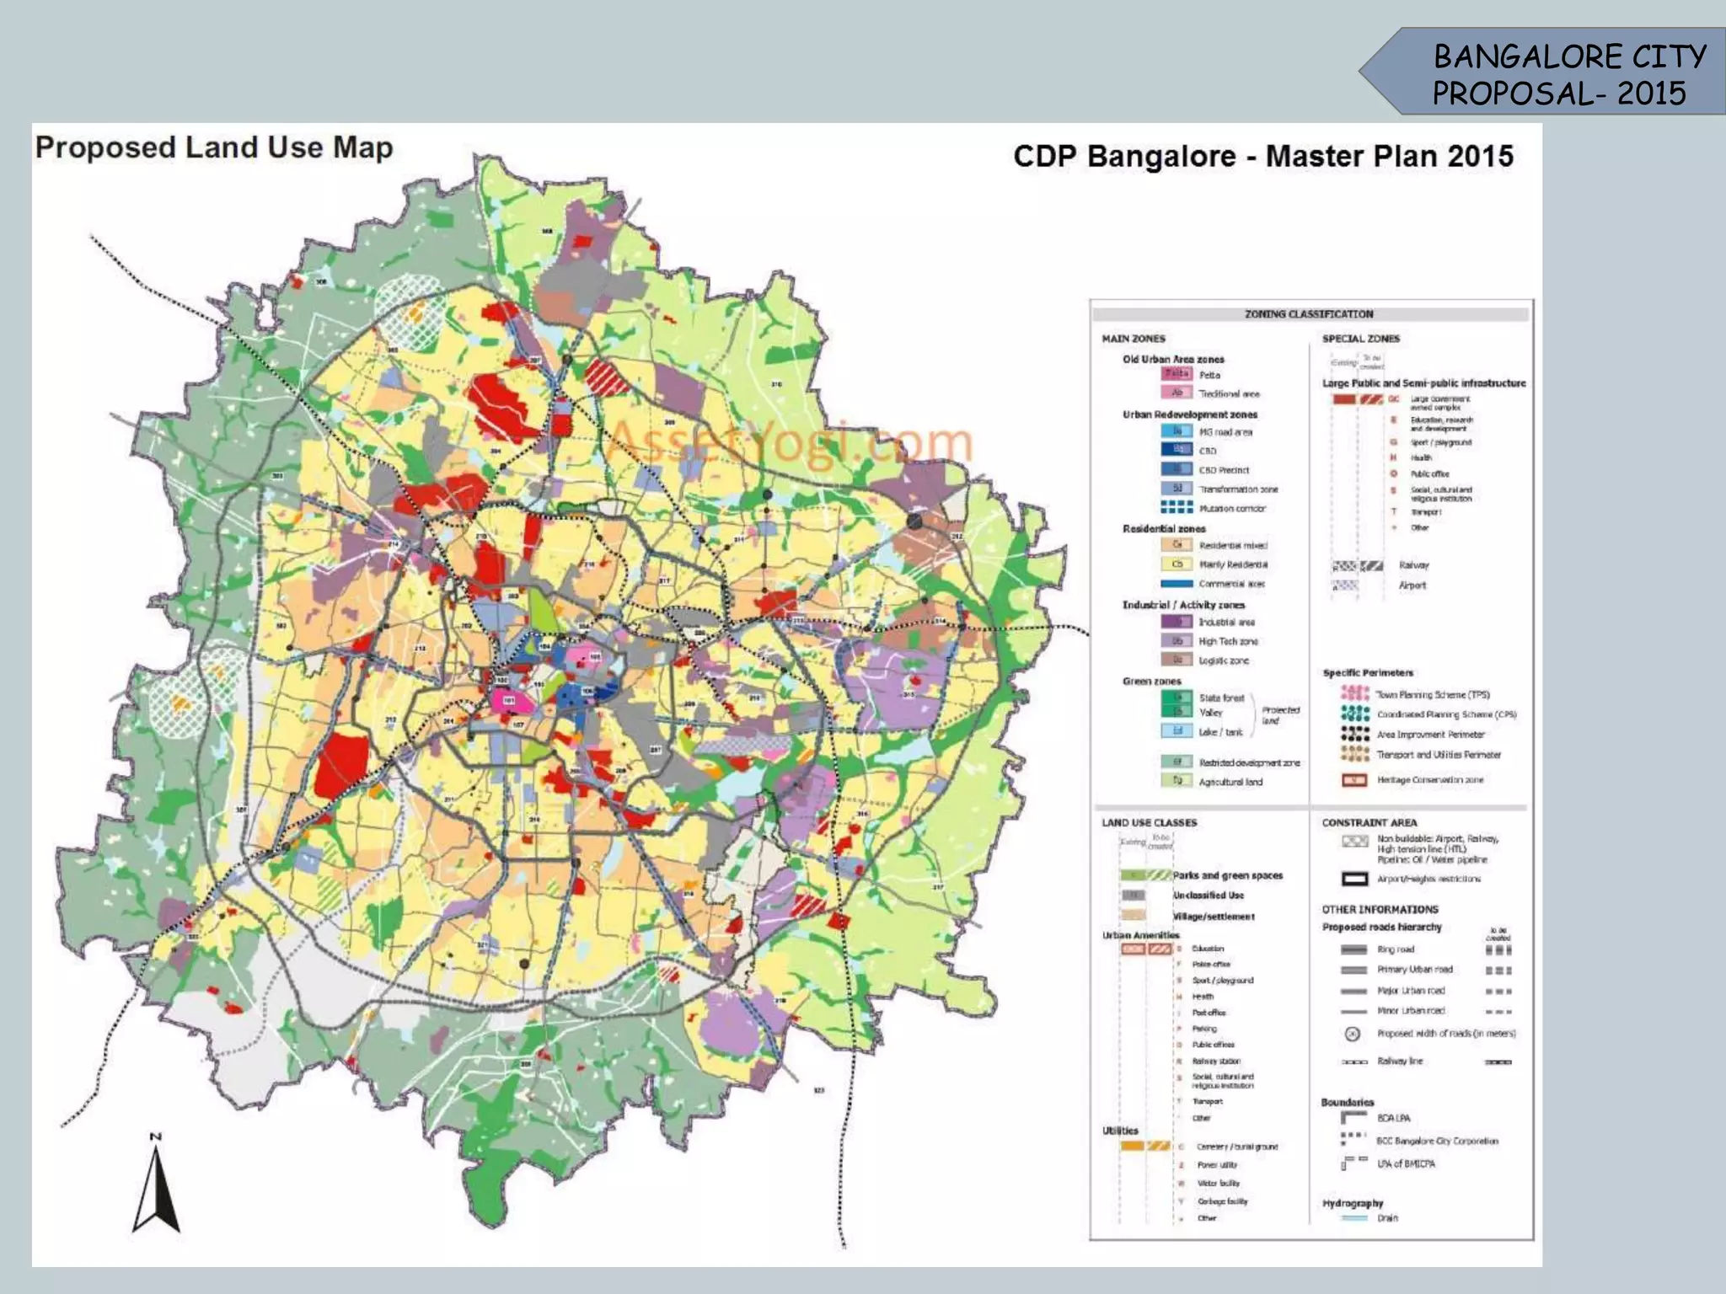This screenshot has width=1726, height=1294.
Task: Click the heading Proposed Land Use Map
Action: pos(214,147)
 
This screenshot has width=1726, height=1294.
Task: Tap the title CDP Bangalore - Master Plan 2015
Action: pos(1262,157)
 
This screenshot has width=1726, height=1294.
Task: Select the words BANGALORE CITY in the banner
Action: pos(1569,57)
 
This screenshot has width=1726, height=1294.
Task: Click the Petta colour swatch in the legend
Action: pos(1176,374)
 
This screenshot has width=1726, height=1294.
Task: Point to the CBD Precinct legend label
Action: pos(1224,470)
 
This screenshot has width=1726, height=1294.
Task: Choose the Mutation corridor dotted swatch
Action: pos(1177,507)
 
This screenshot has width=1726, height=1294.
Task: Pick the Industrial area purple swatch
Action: pos(1177,622)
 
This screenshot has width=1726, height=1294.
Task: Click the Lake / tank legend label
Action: pos(1220,732)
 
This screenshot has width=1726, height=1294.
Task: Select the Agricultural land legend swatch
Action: pos(1177,781)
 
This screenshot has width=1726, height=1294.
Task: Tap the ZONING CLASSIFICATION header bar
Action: pos(1309,314)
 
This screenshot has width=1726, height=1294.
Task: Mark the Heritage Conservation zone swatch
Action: pos(1354,780)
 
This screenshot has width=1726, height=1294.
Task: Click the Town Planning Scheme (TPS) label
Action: pos(1433,695)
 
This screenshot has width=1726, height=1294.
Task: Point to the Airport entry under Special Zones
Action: pos(1412,585)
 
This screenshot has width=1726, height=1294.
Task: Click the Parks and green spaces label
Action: pos(1227,875)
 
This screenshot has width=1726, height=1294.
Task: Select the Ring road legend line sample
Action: pos(1353,949)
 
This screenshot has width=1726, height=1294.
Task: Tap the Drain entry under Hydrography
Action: pos(1387,1217)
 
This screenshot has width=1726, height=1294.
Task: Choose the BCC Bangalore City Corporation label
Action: pos(1437,1141)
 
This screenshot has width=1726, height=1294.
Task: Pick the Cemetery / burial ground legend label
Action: pos(1236,1147)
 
